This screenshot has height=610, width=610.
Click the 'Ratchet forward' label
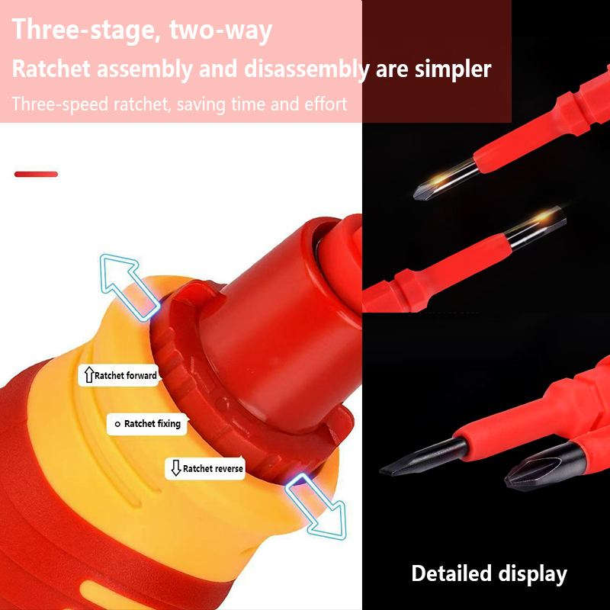[118, 375]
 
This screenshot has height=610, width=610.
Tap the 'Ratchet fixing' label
[147, 424]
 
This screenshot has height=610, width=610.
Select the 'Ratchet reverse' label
[205, 468]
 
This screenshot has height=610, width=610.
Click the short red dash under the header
[36, 175]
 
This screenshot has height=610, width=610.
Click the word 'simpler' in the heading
[453, 70]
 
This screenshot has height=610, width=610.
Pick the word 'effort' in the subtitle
[326, 104]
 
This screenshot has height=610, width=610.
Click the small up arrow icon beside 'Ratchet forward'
[89, 374]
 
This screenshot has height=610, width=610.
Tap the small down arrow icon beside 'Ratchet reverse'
[176, 468]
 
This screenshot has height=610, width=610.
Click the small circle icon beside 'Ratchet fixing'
[117, 425]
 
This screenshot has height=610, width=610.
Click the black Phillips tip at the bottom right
[544, 467]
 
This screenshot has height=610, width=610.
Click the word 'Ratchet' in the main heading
[51, 69]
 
